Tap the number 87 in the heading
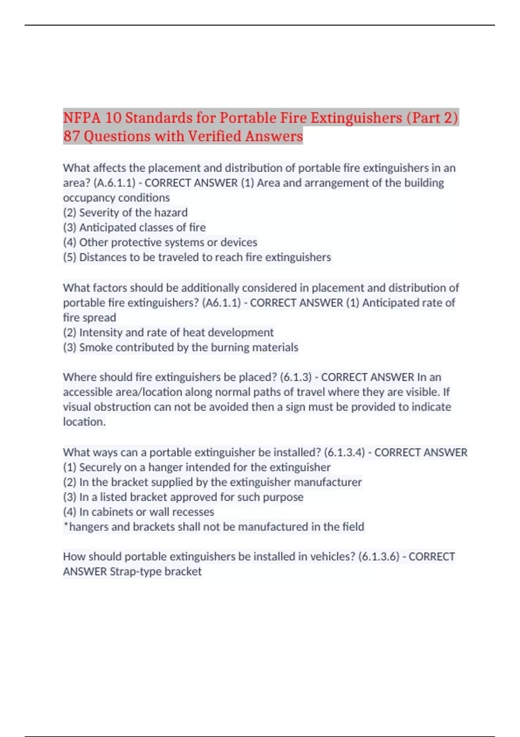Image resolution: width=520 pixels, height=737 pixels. (x=71, y=136)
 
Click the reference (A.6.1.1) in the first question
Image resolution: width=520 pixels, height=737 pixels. (x=114, y=183)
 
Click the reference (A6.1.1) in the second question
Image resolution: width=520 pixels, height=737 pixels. (x=221, y=303)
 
